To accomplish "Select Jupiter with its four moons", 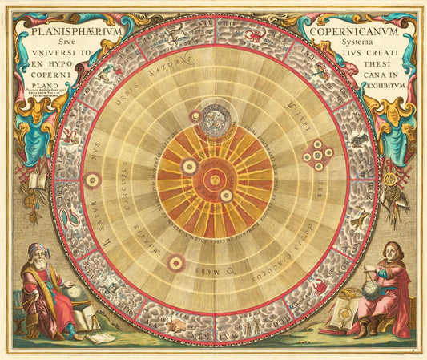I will tap(318, 155).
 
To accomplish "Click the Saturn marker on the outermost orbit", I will tap(93, 180).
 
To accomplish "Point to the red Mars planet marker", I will tap(175, 261).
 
